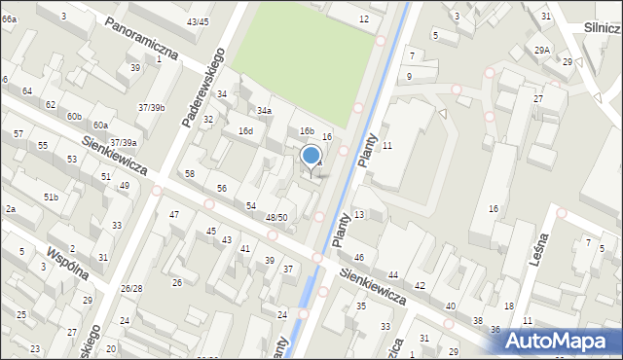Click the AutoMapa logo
(x=559, y=341)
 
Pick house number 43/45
(x=199, y=21)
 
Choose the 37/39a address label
(x=123, y=143)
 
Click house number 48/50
(x=276, y=218)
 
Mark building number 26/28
(x=131, y=289)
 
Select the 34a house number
(x=264, y=112)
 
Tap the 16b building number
(x=307, y=131)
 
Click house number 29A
(x=542, y=50)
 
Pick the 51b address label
(x=51, y=198)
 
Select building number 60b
(x=74, y=117)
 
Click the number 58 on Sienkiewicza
(x=190, y=173)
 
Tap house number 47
(x=174, y=214)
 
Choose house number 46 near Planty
(x=358, y=258)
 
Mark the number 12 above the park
(x=364, y=19)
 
